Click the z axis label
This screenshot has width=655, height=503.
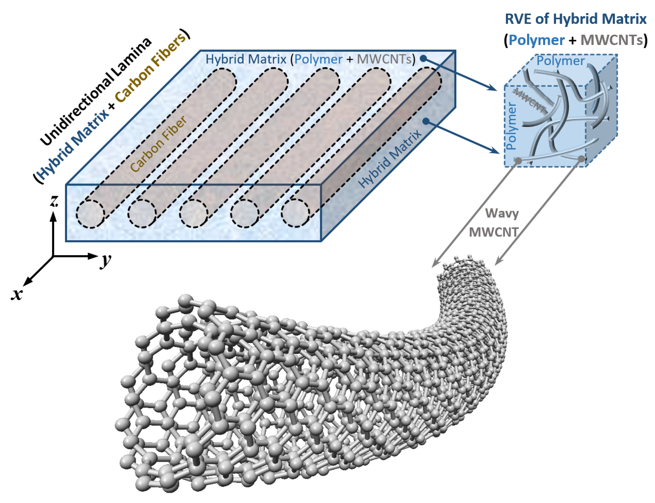tap(54, 201)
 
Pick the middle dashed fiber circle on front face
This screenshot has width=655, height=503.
tap(193, 214)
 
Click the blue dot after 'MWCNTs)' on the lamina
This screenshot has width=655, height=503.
tap(423, 59)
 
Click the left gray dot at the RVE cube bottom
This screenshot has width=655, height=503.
tap(518, 161)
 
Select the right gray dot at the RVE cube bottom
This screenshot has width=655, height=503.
tap(581, 159)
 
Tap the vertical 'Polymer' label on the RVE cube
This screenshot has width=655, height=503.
tap(511, 126)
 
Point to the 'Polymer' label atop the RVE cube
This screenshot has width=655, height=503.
tap(560, 61)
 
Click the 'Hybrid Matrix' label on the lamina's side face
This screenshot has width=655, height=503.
tap(390, 159)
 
